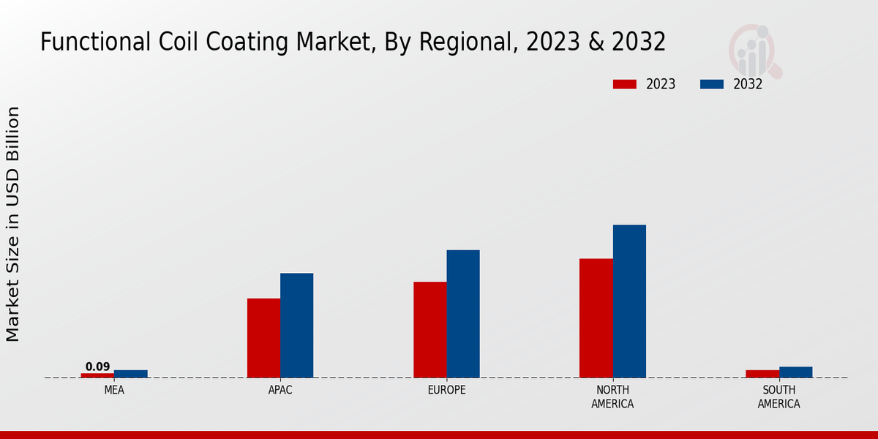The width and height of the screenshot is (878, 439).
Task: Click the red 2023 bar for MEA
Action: point(97,375)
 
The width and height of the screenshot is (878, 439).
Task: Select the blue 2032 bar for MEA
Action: point(131,374)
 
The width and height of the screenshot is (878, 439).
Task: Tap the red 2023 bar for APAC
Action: point(263,338)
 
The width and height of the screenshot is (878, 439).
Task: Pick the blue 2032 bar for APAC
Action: point(297,326)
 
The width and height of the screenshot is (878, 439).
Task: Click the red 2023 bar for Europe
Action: point(430,330)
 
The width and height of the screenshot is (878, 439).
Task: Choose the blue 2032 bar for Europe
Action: point(463,314)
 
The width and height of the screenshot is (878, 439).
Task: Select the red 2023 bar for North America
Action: point(596,318)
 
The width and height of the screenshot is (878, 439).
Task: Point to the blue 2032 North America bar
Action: point(629,301)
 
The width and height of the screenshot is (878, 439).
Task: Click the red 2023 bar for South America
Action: point(762,374)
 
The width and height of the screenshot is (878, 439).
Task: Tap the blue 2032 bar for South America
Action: point(796,372)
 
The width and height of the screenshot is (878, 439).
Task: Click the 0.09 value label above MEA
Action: point(97,367)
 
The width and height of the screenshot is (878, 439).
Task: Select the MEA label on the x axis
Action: point(114,390)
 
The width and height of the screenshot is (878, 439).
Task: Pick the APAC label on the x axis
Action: point(280,390)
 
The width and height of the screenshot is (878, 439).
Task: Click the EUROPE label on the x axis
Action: point(446,390)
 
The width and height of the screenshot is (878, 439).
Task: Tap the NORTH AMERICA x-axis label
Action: point(612,397)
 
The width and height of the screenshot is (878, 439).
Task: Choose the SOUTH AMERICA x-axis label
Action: point(778,397)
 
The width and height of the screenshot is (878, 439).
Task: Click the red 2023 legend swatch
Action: point(625,84)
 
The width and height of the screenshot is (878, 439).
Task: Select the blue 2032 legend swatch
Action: point(712,84)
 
